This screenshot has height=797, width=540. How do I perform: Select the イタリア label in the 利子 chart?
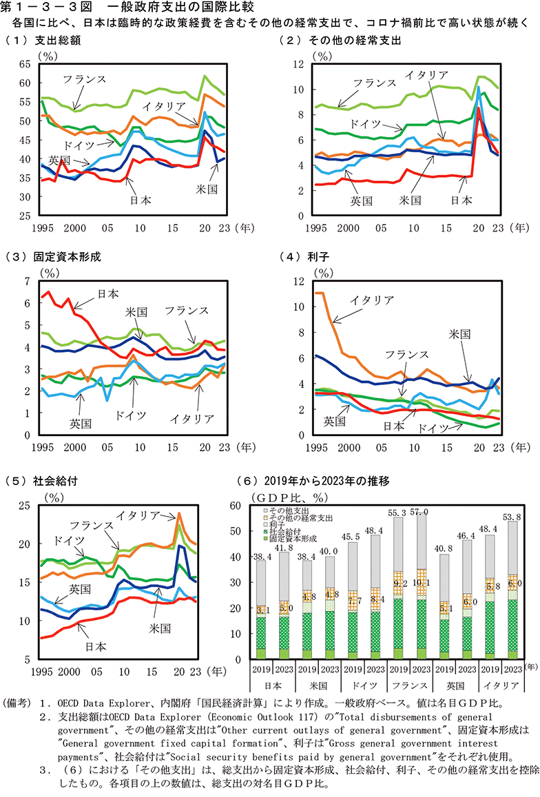point(371,300)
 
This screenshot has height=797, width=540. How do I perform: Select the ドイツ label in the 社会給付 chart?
point(68,539)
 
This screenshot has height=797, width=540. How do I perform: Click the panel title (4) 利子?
point(306,257)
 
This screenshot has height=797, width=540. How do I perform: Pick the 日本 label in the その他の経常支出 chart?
point(461,200)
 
